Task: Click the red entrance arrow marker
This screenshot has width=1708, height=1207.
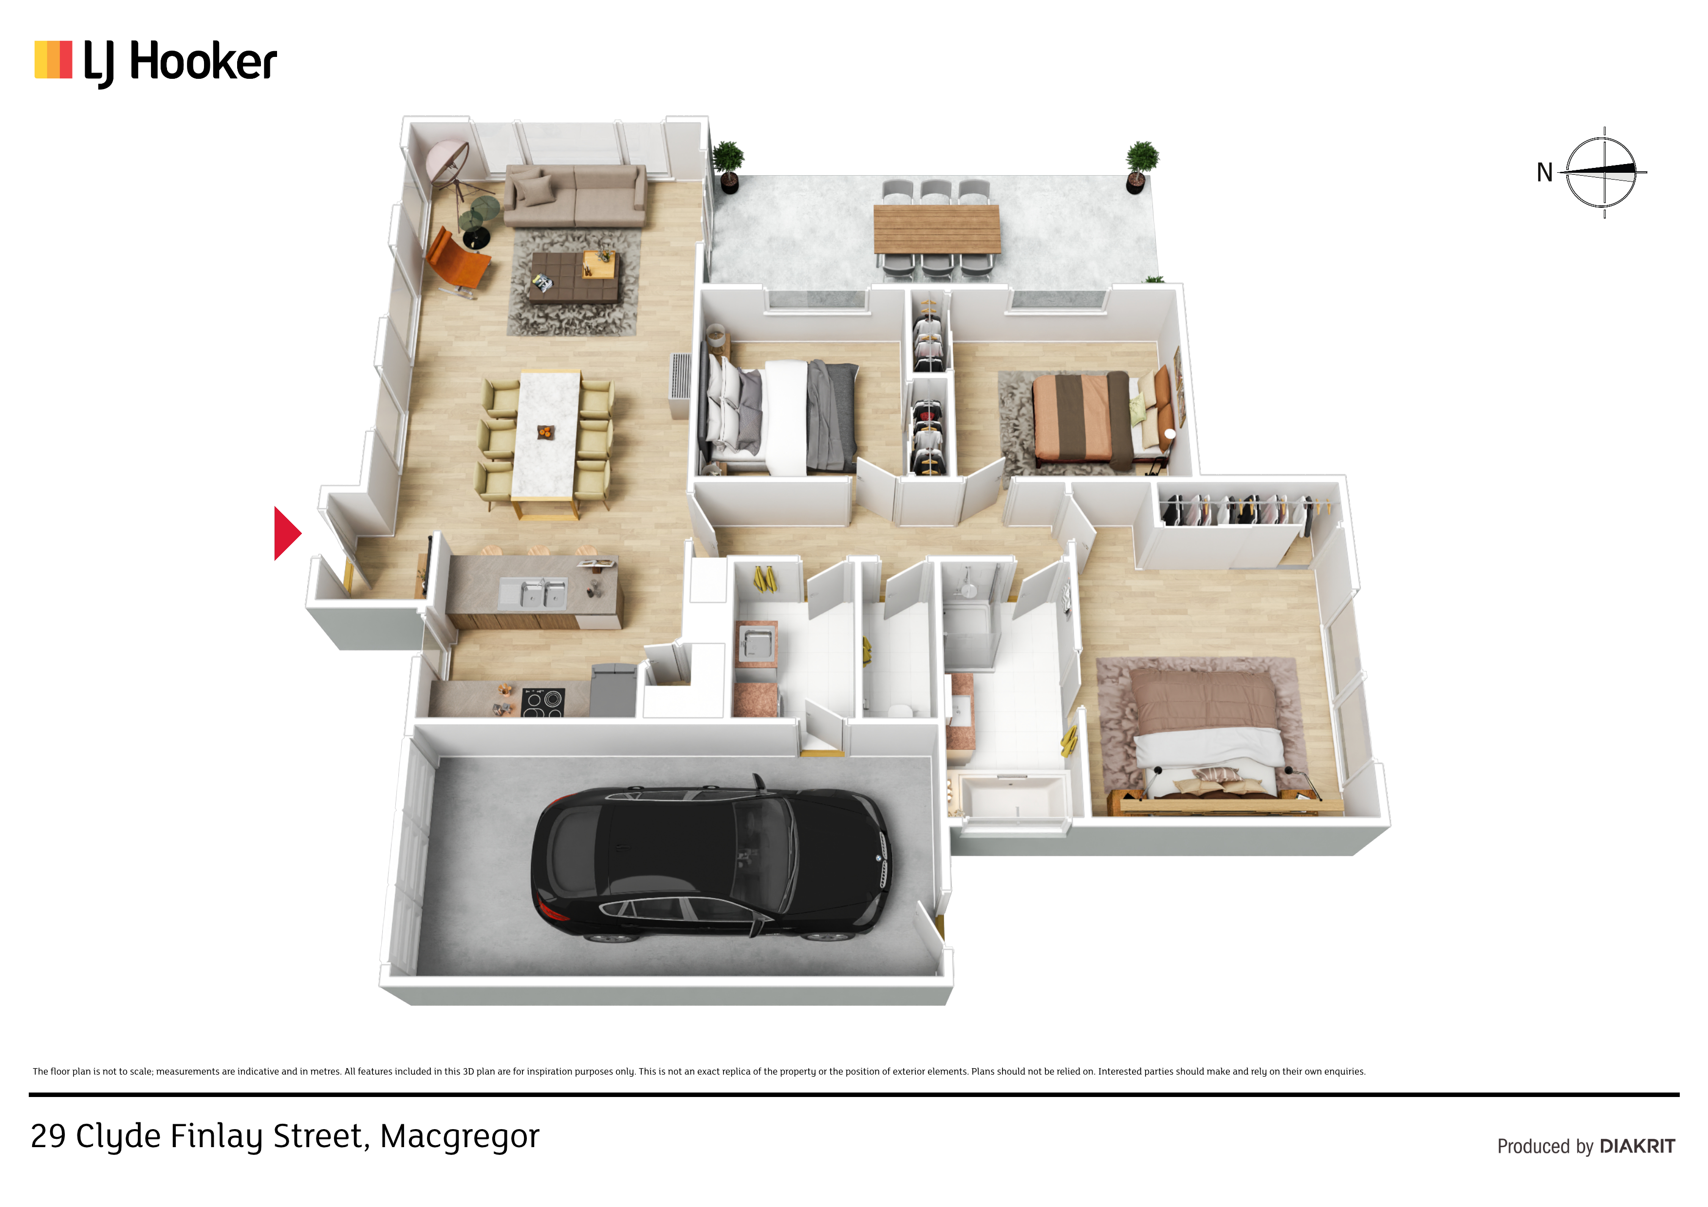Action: pos(286,533)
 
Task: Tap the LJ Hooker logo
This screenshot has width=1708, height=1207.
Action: pos(155,62)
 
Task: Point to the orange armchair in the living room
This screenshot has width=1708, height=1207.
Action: pos(455,260)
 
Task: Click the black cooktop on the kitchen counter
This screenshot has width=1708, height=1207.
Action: pos(543,702)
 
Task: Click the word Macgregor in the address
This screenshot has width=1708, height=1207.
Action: pos(459,1137)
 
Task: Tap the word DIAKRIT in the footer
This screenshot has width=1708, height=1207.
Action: pos(1637,1146)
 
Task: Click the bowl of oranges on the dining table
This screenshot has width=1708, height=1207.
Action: pos(545,431)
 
